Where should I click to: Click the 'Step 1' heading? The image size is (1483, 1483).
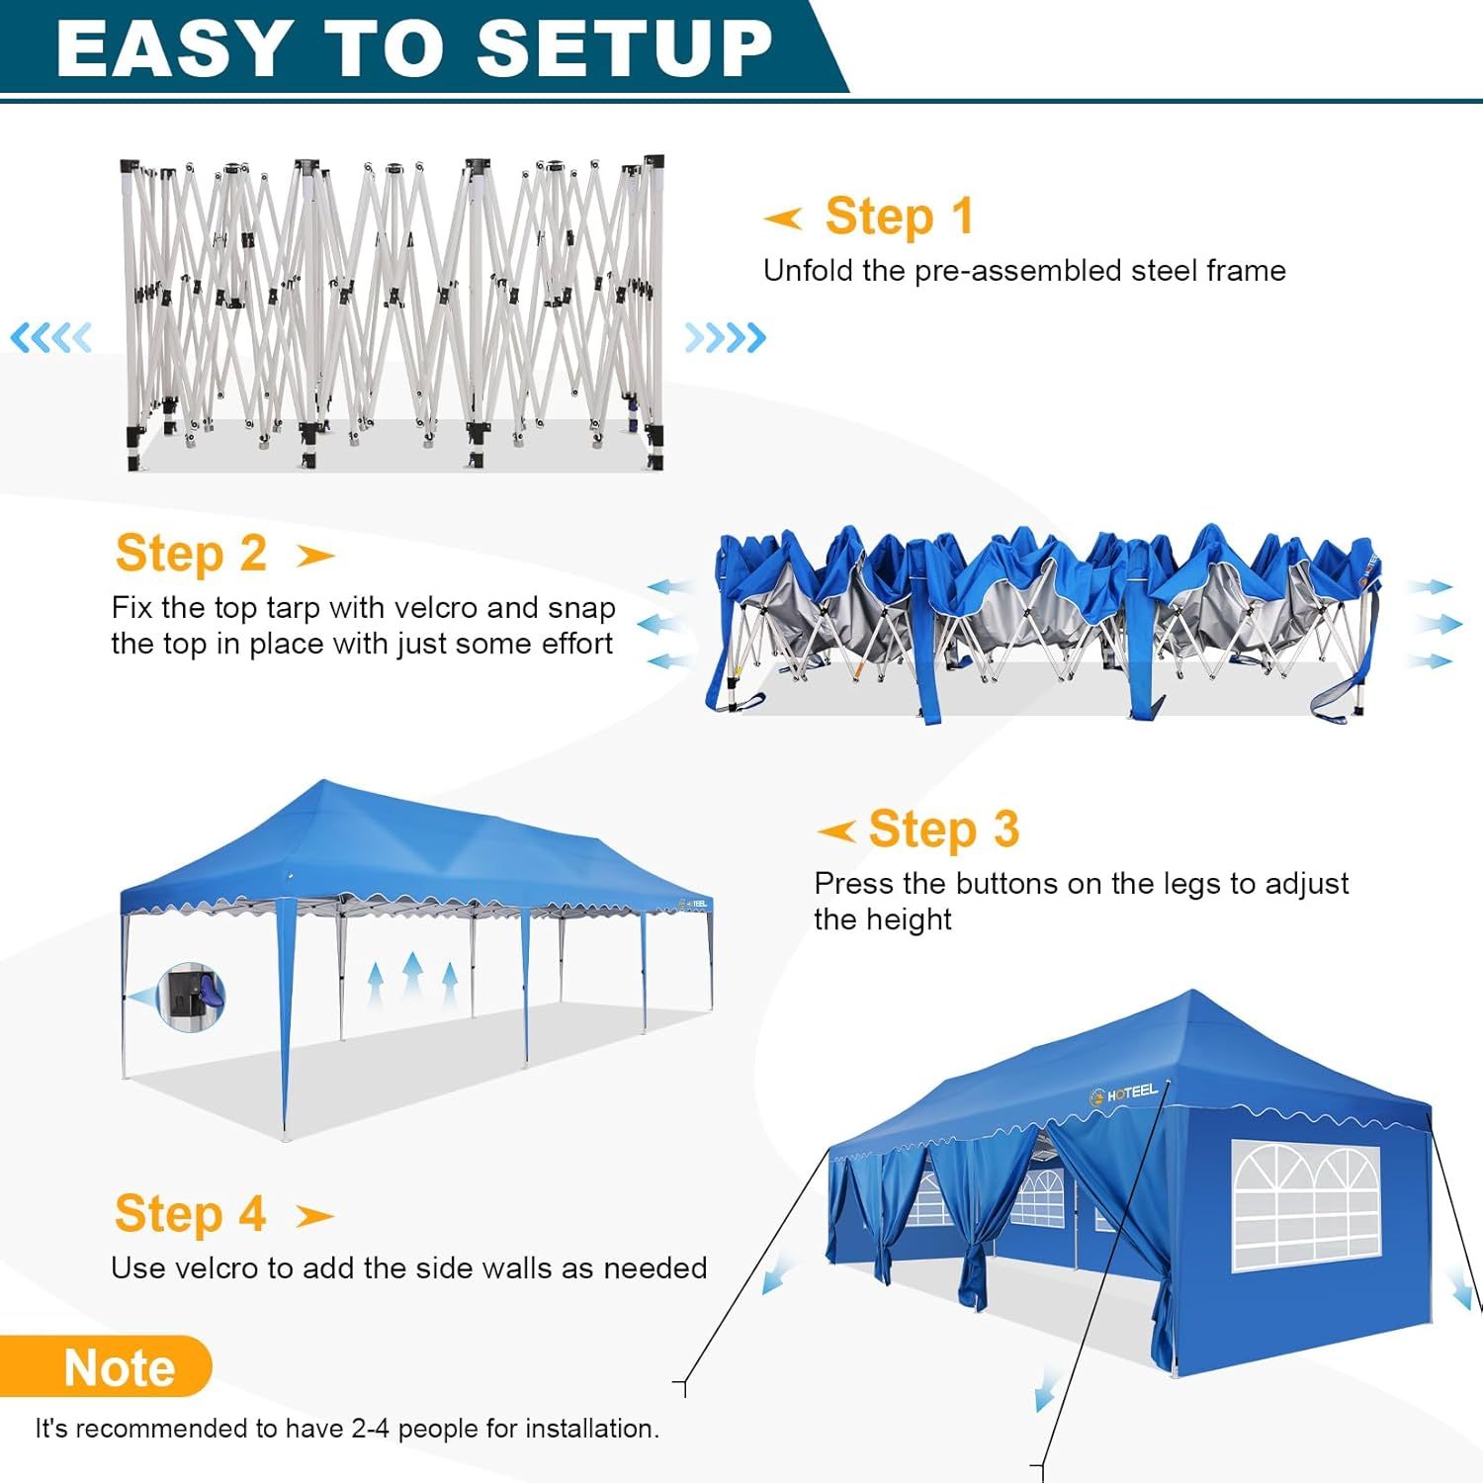(900, 217)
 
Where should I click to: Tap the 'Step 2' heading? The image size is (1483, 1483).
(191, 554)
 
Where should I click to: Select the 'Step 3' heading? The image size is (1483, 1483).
(943, 829)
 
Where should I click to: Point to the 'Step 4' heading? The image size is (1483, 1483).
(190, 1214)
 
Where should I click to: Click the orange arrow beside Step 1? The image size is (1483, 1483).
(783, 218)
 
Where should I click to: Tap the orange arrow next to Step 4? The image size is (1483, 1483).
(314, 1216)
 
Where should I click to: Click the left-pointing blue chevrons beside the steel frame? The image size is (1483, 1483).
(50, 338)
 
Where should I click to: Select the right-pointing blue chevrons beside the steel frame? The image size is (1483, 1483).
(726, 338)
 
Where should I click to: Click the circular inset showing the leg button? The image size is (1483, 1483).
(191, 997)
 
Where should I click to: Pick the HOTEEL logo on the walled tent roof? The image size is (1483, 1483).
(1123, 1093)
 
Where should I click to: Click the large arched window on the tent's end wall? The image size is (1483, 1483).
(1306, 1207)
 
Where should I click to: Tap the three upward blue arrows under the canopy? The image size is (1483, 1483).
(412, 980)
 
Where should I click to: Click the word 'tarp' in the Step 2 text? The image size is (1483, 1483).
(293, 609)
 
